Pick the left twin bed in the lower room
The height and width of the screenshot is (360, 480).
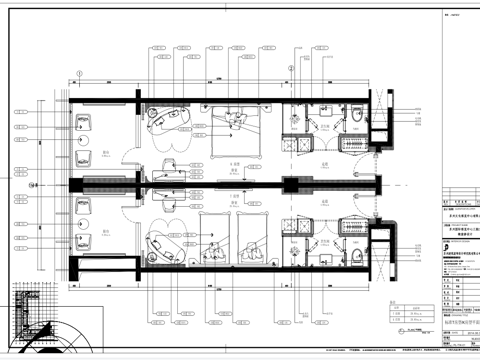pos(213,235)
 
